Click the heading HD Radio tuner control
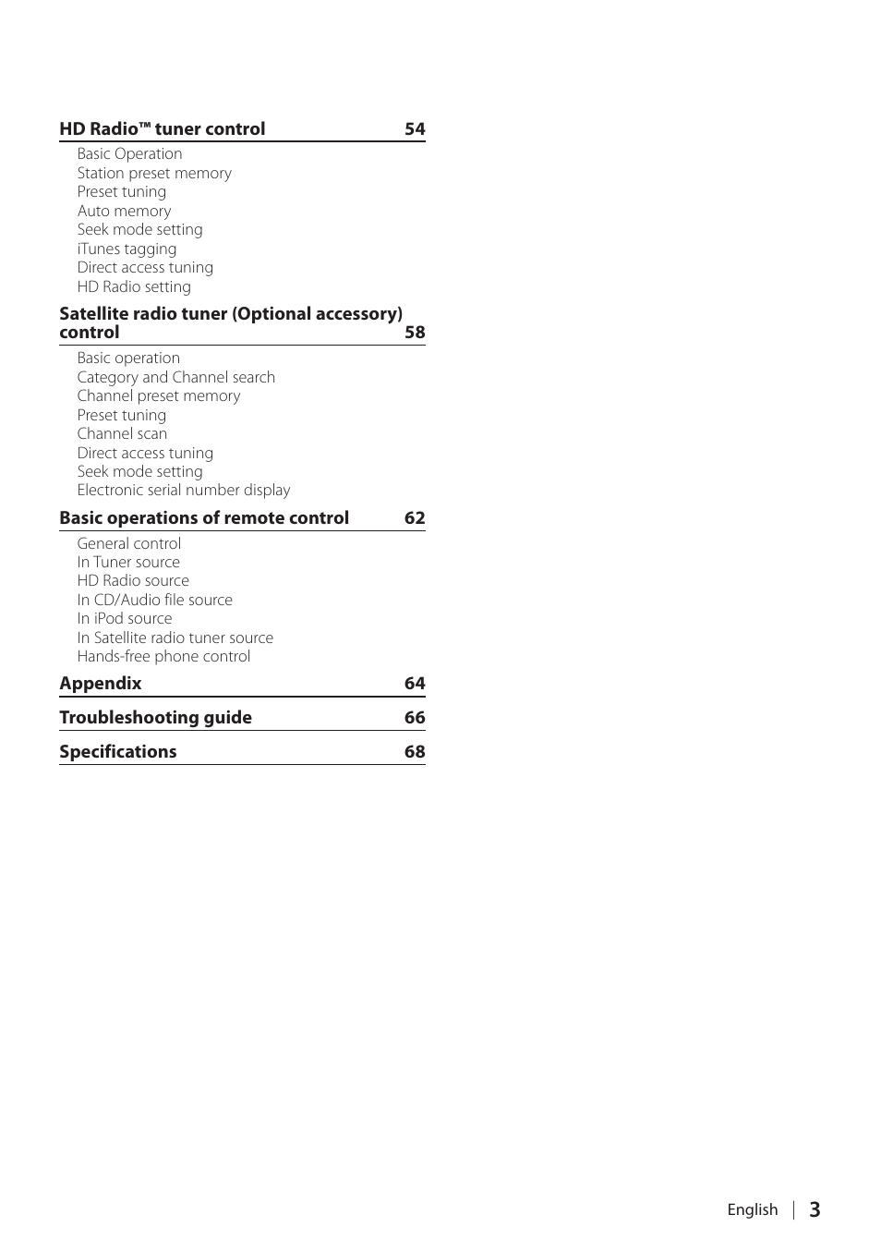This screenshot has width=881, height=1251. (x=162, y=129)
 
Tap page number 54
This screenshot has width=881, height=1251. (x=415, y=129)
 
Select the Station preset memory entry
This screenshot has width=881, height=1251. (x=154, y=173)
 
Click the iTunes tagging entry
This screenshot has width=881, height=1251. (x=127, y=249)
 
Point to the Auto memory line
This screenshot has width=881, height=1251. (x=124, y=211)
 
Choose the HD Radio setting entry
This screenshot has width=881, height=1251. (x=134, y=286)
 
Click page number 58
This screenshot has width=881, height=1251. (x=415, y=333)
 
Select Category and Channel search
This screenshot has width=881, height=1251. (x=175, y=377)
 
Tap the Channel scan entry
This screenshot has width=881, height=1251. (x=122, y=433)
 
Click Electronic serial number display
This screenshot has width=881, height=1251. (x=183, y=490)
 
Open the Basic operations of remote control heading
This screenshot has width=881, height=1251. (x=204, y=518)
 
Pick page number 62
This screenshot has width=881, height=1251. (x=415, y=518)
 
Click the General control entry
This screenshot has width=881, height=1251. (x=128, y=543)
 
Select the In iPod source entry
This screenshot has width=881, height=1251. (x=124, y=618)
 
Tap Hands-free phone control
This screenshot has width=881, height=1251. (x=163, y=656)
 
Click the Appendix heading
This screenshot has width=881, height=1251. (x=101, y=684)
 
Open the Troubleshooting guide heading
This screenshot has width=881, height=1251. (x=155, y=718)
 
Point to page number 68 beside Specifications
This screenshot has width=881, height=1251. (x=415, y=752)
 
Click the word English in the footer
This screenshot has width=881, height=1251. (x=752, y=1209)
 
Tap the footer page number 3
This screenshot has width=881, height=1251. (x=815, y=1209)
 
